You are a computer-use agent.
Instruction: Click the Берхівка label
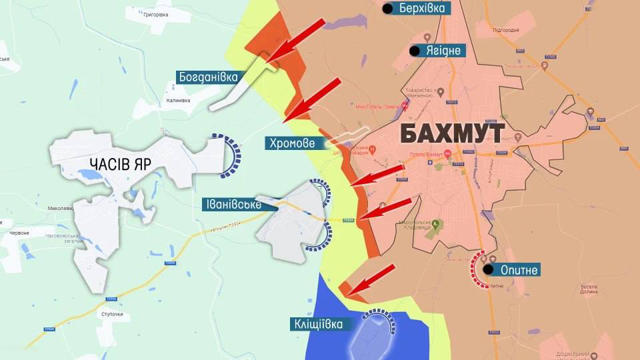(422, 9)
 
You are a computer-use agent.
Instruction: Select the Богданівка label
(208, 77)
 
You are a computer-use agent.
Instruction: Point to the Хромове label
(293, 143)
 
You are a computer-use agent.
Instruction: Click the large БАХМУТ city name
(453, 134)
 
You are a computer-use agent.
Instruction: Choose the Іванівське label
(231, 205)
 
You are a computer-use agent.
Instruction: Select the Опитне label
(519, 270)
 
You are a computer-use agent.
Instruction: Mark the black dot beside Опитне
(489, 270)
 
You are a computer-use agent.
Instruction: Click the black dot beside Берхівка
(388, 9)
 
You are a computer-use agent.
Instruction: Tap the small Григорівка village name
(147, 14)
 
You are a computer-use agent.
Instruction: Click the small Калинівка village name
(178, 100)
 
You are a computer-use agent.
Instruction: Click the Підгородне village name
(505, 31)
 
